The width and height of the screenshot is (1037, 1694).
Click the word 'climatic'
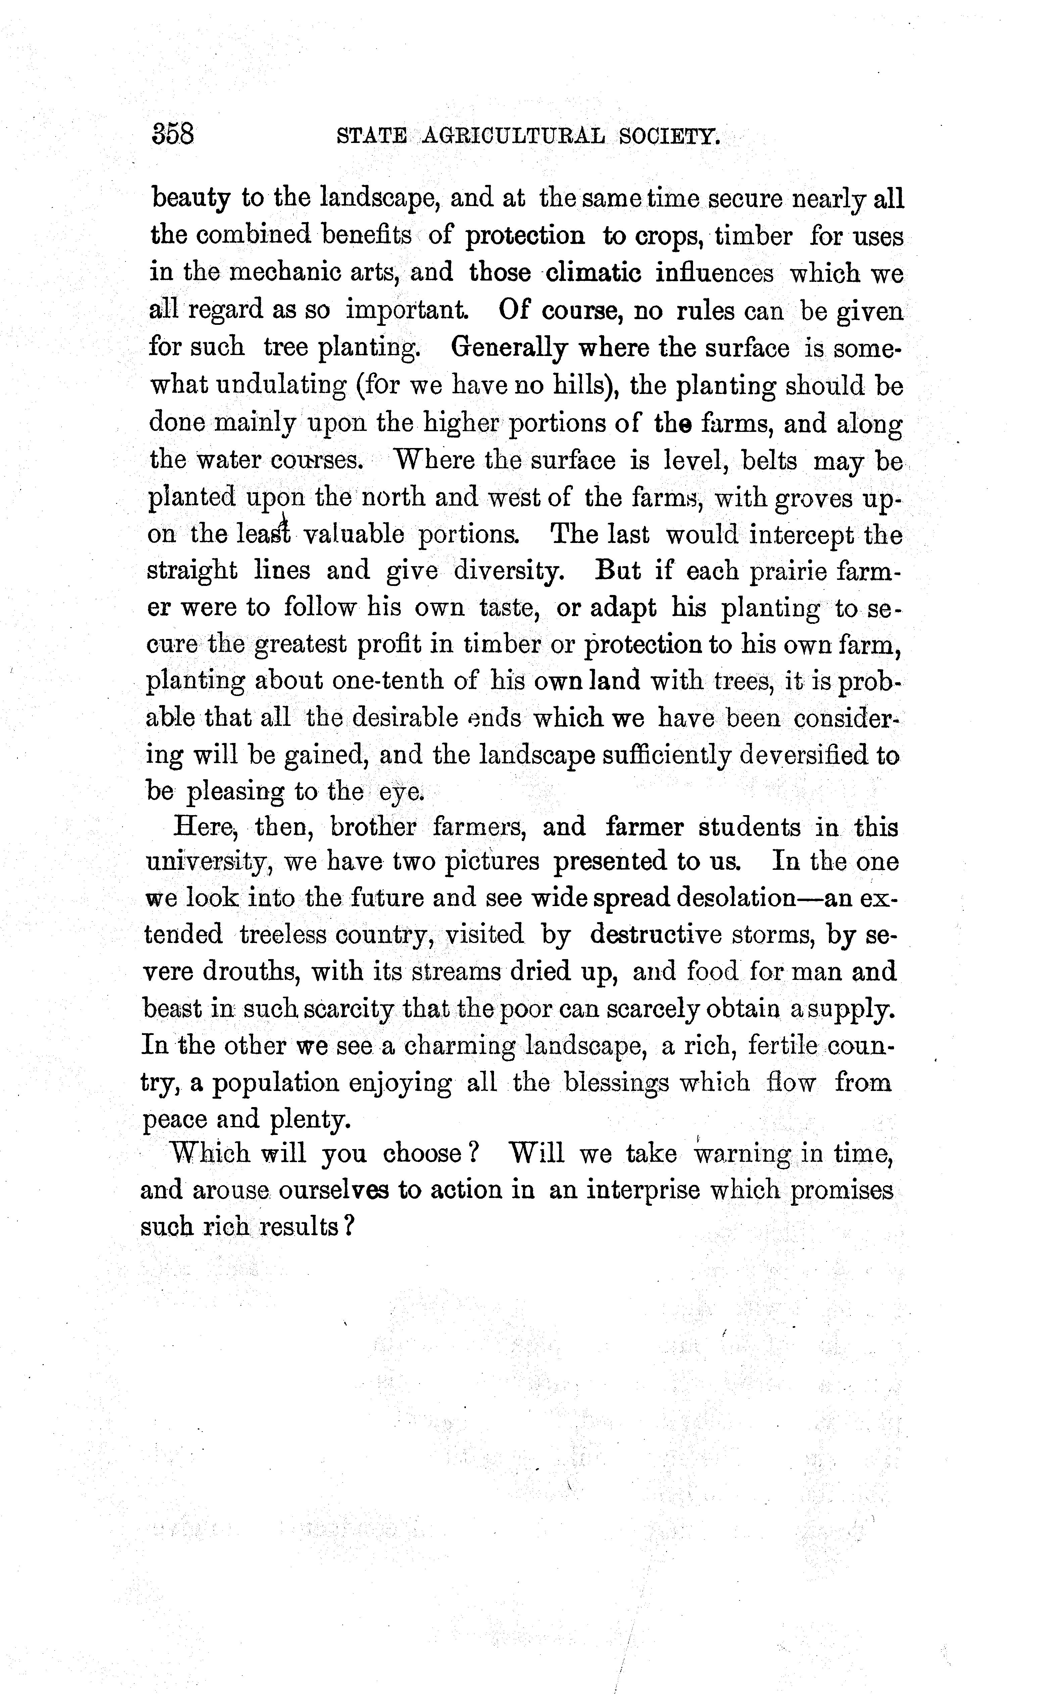[x=593, y=273]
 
